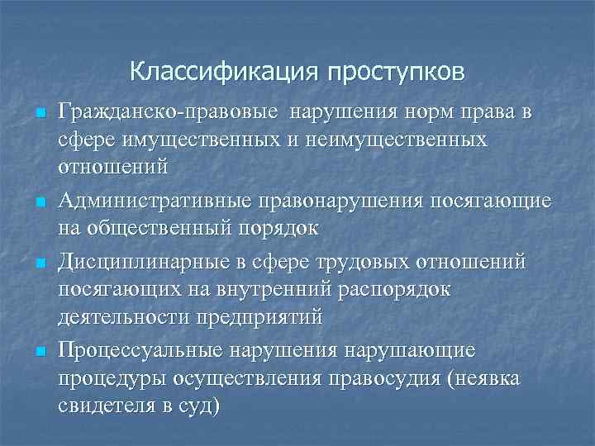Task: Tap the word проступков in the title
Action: tap(396, 73)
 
